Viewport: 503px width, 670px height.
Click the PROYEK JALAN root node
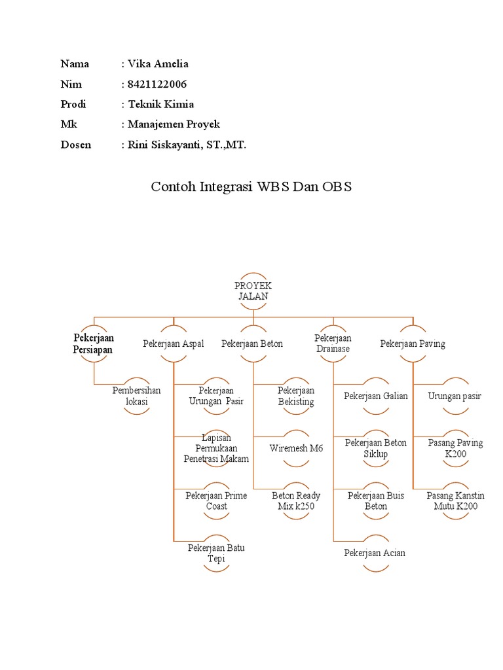click(253, 291)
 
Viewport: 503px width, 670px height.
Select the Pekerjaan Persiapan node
click(94, 344)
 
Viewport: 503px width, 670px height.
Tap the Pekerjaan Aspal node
click(174, 344)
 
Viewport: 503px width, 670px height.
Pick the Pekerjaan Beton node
click(252, 344)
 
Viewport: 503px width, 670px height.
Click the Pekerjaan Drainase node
click(333, 344)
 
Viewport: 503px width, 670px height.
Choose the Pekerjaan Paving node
click(413, 344)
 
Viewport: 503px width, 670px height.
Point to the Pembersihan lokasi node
click(137, 396)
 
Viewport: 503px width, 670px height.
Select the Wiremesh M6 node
click(296, 448)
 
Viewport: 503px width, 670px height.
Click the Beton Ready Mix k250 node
click(296, 501)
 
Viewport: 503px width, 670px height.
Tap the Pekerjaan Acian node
click(375, 553)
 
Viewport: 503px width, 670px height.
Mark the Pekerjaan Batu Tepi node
click(216, 553)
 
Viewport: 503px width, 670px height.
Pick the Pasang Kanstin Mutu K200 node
click(455, 501)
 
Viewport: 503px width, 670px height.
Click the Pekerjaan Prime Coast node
click(216, 501)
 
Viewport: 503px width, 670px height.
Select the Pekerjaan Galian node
click(376, 396)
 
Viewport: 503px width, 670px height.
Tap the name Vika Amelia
click(158, 63)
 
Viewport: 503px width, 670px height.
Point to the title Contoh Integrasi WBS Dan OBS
click(251, 186)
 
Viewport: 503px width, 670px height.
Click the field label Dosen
click(75, 145)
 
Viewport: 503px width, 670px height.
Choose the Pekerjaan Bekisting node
click(296, 396)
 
